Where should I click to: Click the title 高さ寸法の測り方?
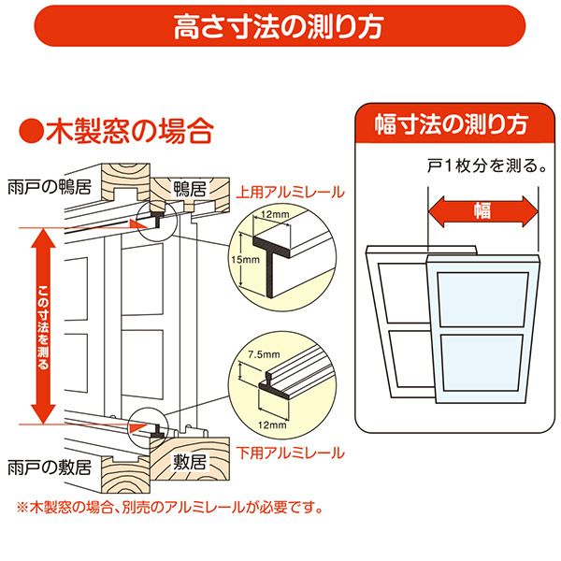(280, 26)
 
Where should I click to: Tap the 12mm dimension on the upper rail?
(273, 215)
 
